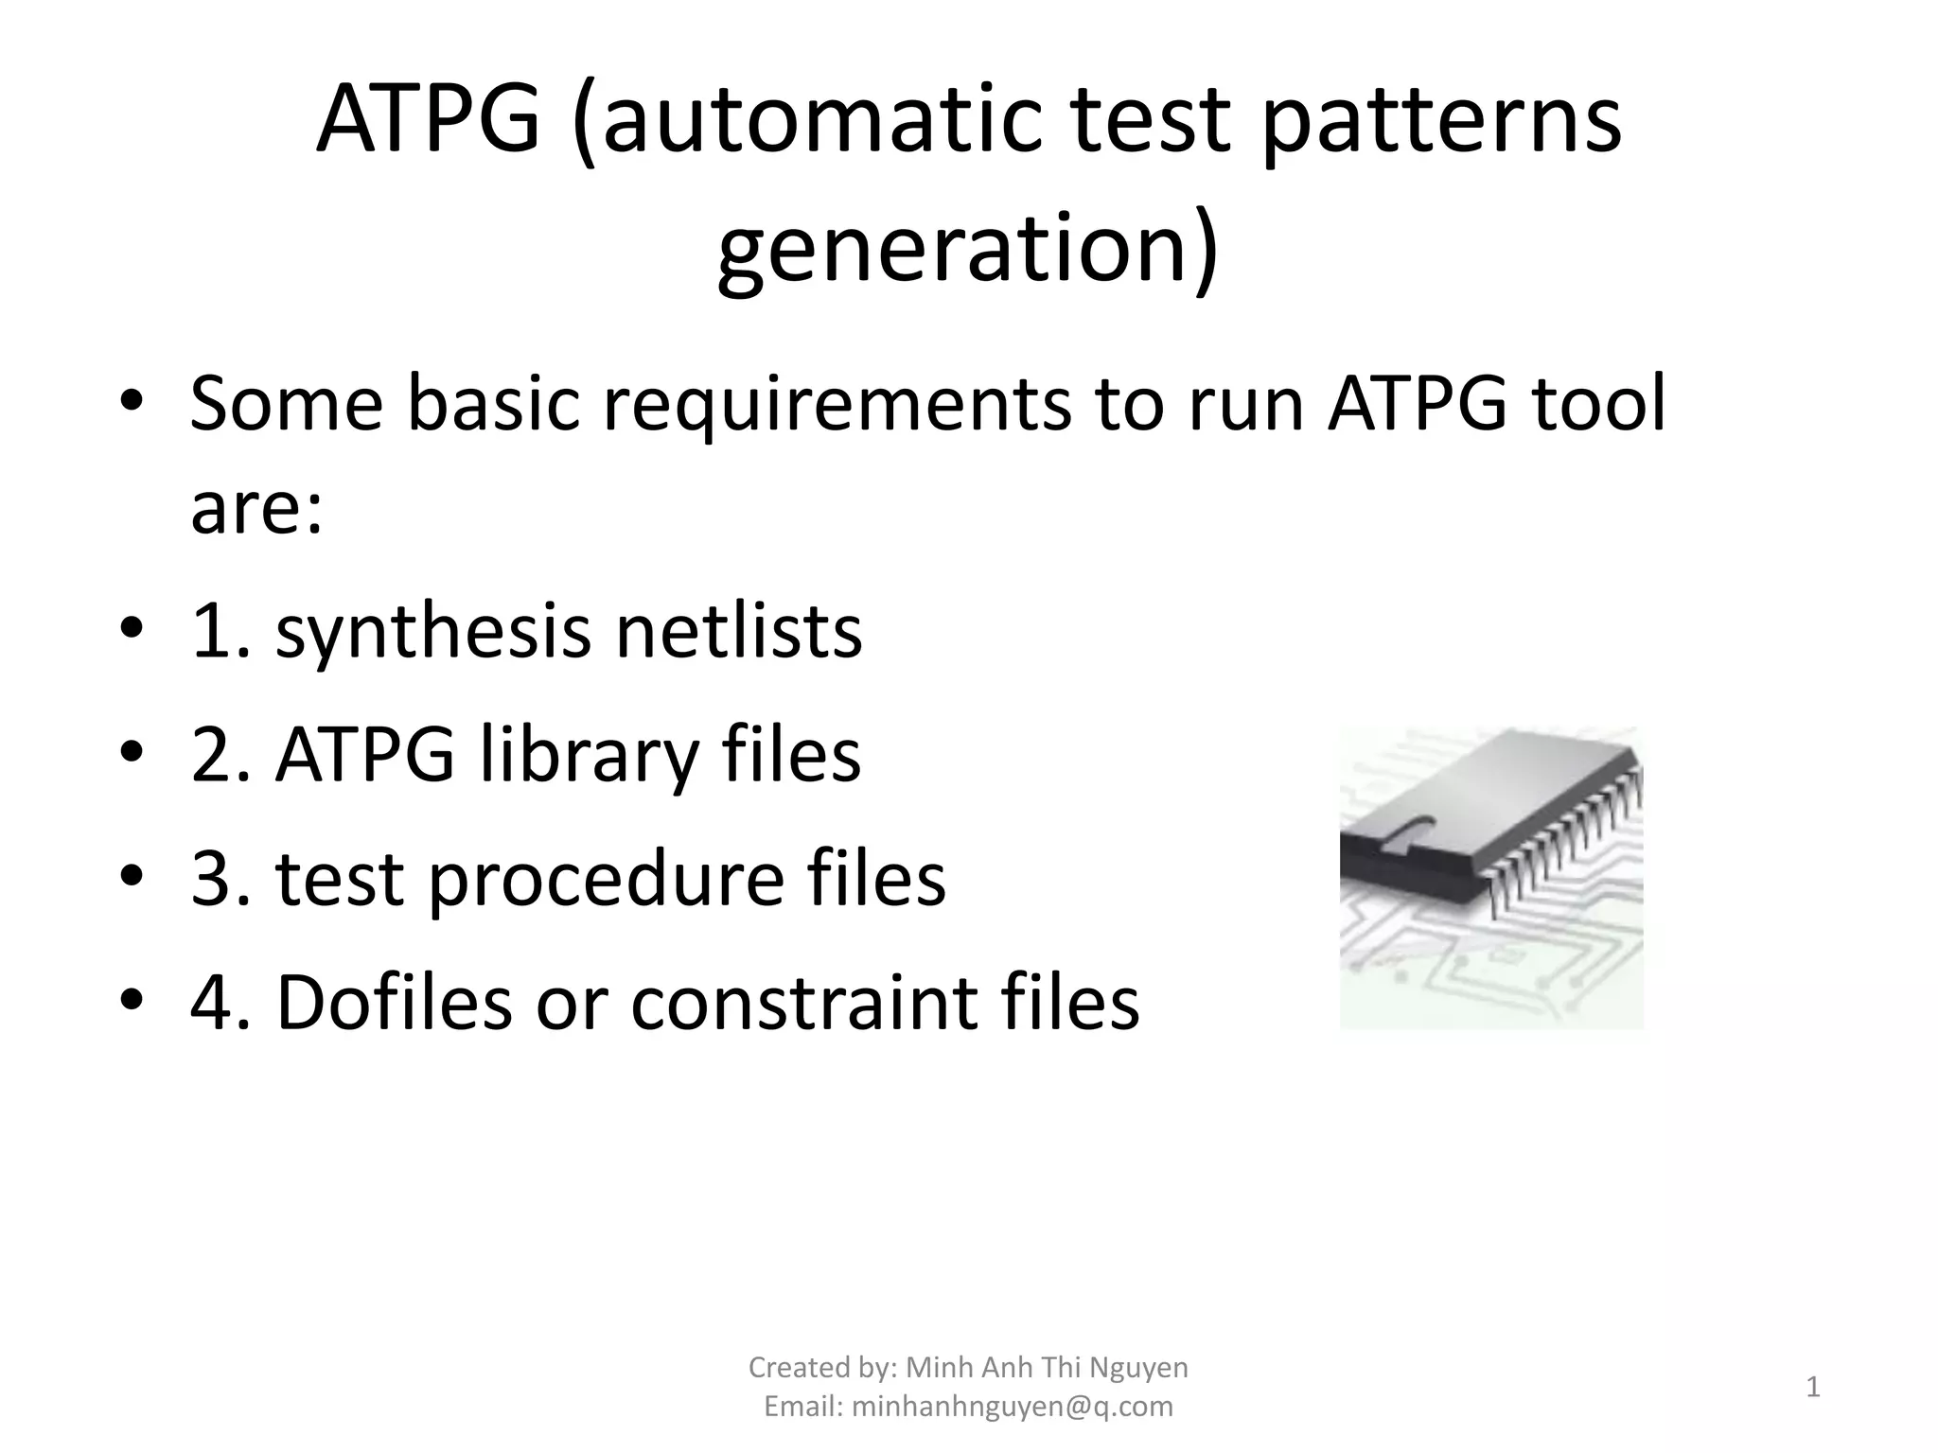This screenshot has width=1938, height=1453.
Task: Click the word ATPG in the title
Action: [428, 121]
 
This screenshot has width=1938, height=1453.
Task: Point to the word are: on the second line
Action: [256, 507]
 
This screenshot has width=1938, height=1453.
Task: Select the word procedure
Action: [606, 879]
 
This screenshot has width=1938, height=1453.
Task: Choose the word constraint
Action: [803, 1002]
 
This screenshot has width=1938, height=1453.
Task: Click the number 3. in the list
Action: [220, 879]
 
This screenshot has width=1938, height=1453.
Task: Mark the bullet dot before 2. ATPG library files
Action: [132, 754]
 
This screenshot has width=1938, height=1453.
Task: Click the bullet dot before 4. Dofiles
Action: [132, 1001]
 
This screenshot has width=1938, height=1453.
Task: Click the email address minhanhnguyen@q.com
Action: [1012, 1407]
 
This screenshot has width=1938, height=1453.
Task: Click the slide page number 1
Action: [1812, 1388]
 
